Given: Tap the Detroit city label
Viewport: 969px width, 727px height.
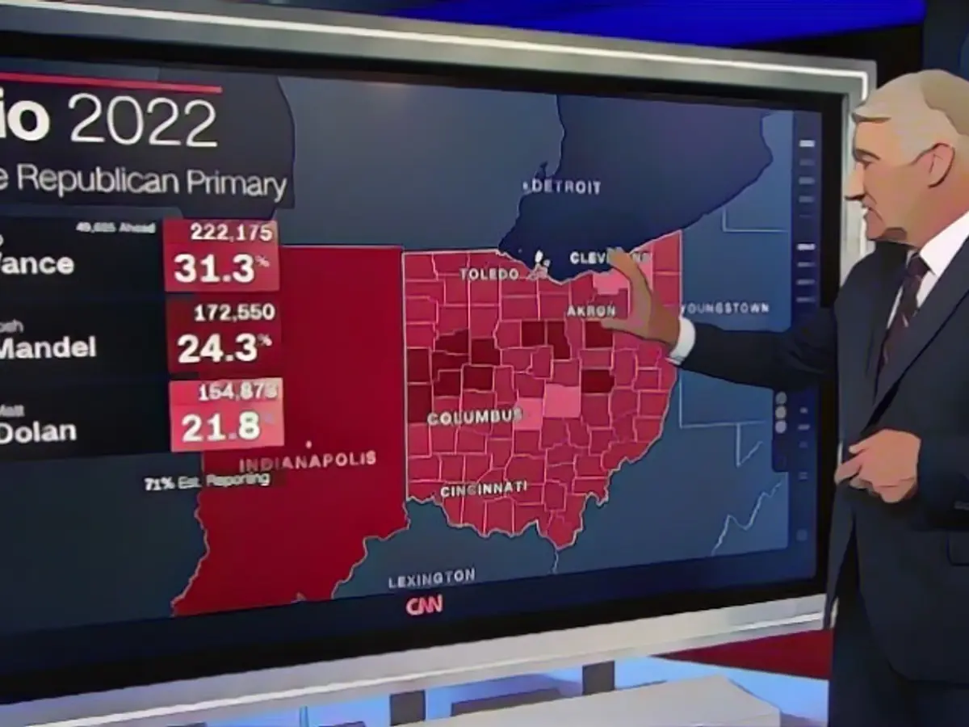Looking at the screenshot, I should [x=563, y=187].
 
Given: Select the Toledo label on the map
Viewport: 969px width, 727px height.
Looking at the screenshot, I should [x=489, y=274].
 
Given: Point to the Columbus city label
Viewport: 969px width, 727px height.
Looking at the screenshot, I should [x=475, y=417].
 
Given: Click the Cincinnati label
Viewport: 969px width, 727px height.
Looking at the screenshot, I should [x=484, y=489].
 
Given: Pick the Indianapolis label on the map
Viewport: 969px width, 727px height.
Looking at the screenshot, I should [x=308, y=461].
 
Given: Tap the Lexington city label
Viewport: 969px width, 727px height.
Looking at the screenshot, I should [x=431, y=578].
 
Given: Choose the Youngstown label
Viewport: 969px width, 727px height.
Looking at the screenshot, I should [x=724, y=308].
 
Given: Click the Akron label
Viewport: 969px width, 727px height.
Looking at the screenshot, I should [x=591, y=311].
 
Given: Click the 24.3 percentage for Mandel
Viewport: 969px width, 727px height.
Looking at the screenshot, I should [x=219, y=348].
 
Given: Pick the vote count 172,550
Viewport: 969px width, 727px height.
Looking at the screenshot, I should [x=234, y=311].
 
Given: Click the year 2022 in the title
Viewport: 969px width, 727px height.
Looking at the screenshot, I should [x=144, y=122].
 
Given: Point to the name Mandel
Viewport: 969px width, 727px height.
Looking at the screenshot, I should [x=48, y=347].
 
